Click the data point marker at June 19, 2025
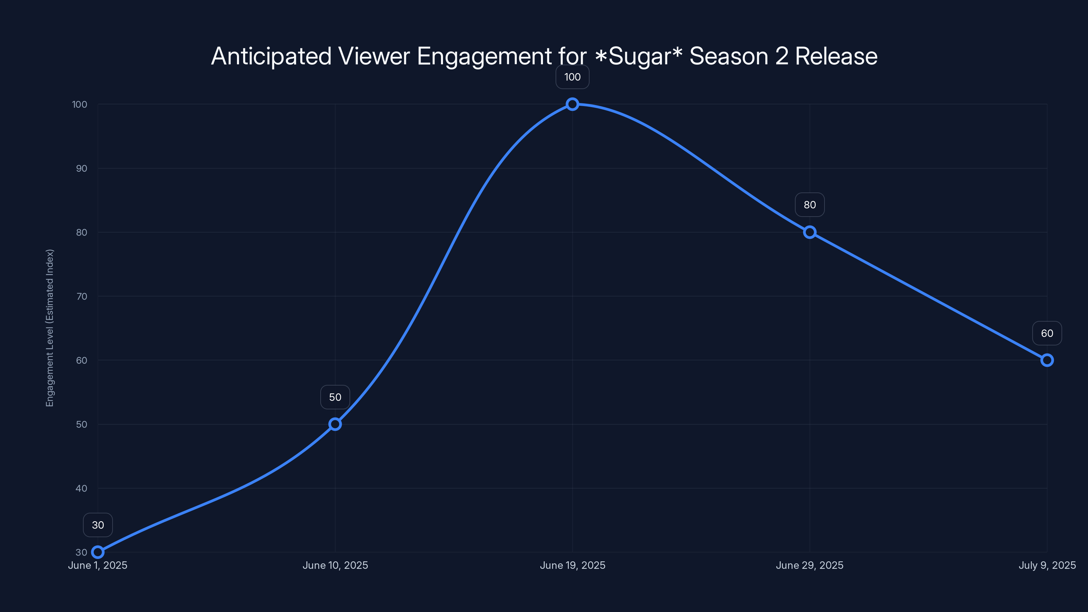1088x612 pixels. pyautogui.click(x=572, y=104)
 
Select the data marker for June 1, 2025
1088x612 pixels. pyautogui.click(x=98, y=552)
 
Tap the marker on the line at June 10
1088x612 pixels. pyautogui.click(x=335, y=424)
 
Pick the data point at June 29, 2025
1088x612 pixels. pyautogui.click(x=810, y=232)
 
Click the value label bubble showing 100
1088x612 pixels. pyautogui.click(x=572, y=77)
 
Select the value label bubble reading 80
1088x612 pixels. pyautogui.click(x=810, y=205)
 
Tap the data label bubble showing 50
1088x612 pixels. pyautogui.click(x=335, y=397)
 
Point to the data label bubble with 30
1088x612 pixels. pyautogui.click(x=98, y=525)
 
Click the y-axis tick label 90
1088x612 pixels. pyautogui.click(x=82, y=169)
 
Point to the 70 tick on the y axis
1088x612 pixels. pyautogui.click(x=82, y=296)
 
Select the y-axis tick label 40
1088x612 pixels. pyautogui.click(x=82, y=488)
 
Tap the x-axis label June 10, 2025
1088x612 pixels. pyautogui.click(x=335, y=565)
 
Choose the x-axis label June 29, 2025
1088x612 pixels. pyautogui.click(x=810, y=565)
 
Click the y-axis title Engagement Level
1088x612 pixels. pyautogui.click(x=50, y=328)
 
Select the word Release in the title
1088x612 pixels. pyautogui.click(x=836, y=56)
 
